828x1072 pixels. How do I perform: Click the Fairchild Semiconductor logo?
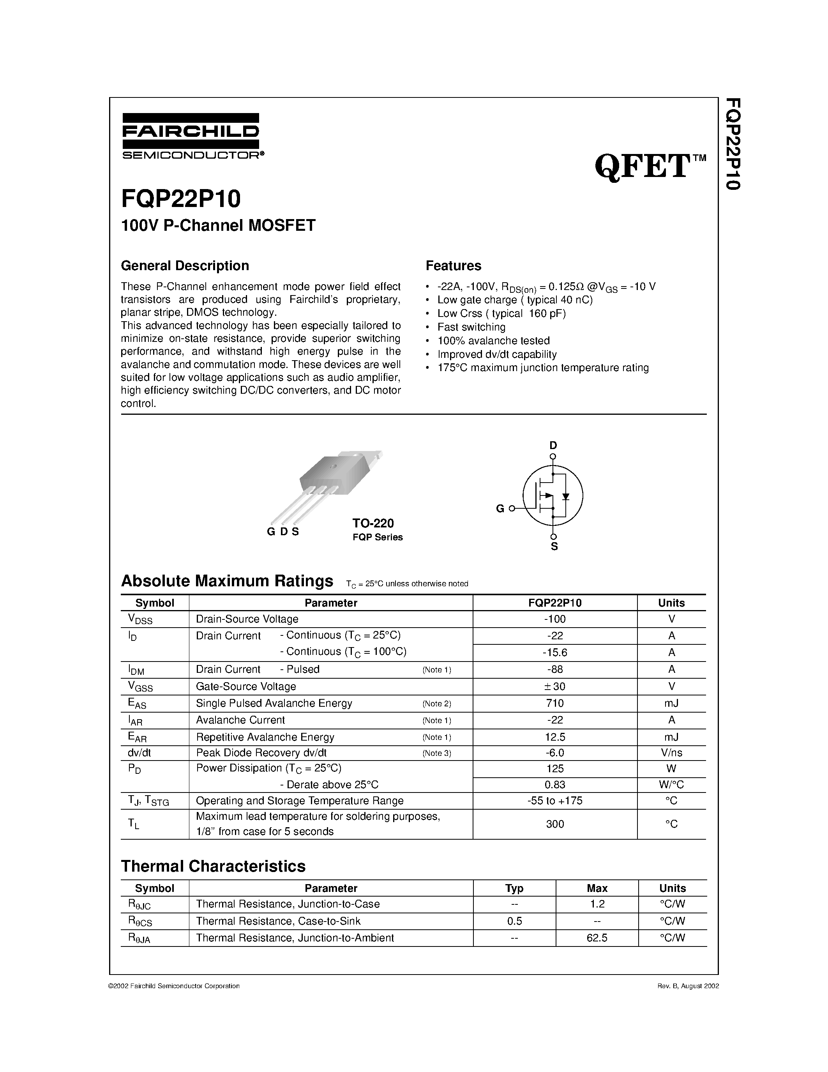click(x=191, y=136)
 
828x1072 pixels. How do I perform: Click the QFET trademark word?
click(x=643, y=167)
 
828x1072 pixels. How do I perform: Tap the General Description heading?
click(x=185, y=265)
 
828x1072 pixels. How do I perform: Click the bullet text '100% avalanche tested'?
click(x=493, y=341)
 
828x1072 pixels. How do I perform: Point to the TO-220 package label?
click(x=373, y=523)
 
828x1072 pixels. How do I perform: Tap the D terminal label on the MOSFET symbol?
click(x=553, y=445)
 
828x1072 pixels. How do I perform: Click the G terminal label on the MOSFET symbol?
click(x=500, y=509)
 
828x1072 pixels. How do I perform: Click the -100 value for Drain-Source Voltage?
click(x=555, y=619)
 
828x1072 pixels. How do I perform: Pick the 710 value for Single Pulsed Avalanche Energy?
click(x=555, y=703)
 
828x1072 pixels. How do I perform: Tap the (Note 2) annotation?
click(x=436, y=704)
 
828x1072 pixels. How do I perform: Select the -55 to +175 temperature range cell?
click(x=555, y=801)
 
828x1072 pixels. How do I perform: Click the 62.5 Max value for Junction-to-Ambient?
click(x=597, y=938)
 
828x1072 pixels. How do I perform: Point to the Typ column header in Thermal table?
click(x=514, y=888)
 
